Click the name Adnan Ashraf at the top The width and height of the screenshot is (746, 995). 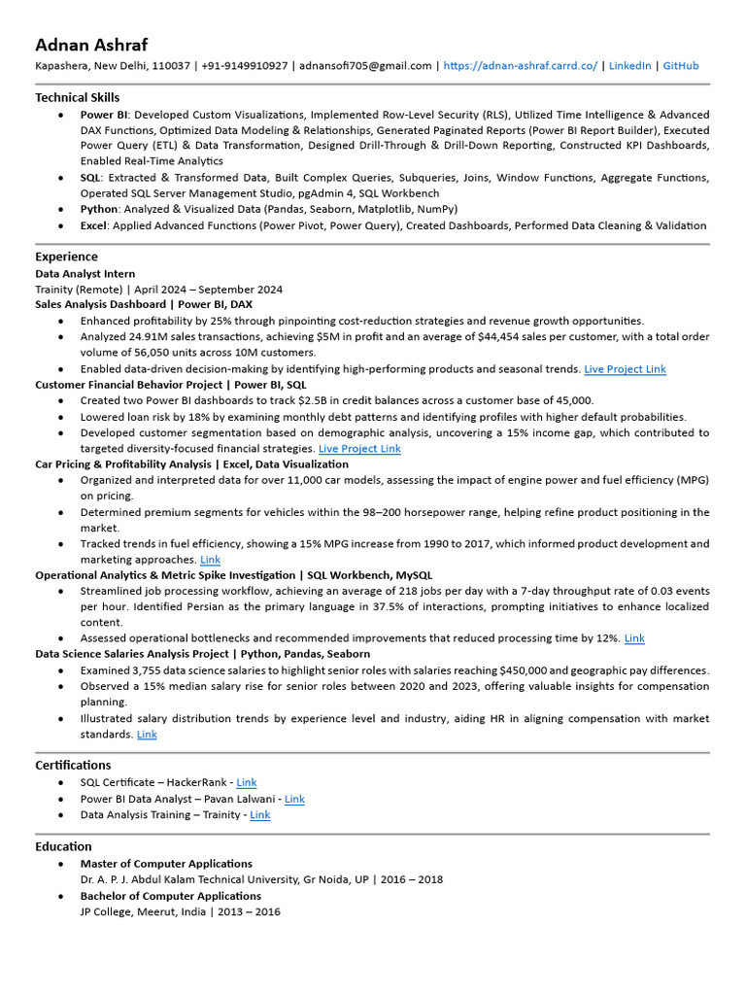[x=91, y=45]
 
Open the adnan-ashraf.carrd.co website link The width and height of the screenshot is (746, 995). [x=522, y=66]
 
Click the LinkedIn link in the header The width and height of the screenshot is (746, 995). [x=629, y=66]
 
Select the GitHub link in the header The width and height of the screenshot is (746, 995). [x=680, y=66]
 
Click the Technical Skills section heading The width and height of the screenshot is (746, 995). [x=78, y=97]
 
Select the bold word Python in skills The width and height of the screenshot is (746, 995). [x=98, y=209]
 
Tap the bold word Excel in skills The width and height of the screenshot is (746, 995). [x=93, y=225]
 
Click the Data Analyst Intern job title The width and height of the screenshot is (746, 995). [x=85, y=274]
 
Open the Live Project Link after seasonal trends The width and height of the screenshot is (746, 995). [x=625, y=369]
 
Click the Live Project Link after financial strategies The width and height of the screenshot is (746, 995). [x=359, y=449]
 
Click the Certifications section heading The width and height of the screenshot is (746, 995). [x=73, y=765]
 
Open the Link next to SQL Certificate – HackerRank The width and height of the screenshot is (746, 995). [x=247, y=782]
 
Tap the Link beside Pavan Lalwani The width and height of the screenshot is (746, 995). [x=294, y=799]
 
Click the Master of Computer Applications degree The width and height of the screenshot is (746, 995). [x=166, y=864]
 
